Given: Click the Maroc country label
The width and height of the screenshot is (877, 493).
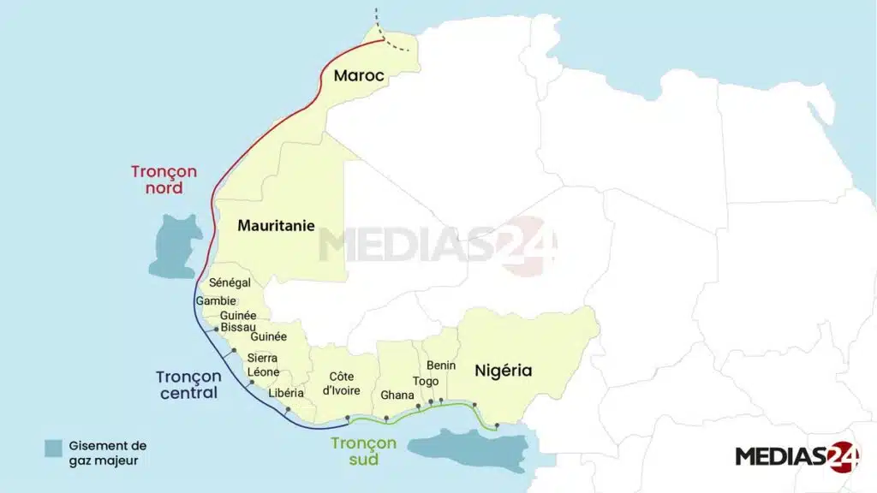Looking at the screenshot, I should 359,76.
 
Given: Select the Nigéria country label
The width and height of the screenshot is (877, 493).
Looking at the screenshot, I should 504,371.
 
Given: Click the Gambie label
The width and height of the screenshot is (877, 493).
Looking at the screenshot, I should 216,301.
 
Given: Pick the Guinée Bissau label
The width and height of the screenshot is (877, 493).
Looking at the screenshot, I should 238,321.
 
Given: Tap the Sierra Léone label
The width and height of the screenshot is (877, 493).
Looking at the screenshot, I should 263,365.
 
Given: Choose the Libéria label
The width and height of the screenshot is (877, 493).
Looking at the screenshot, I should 286,393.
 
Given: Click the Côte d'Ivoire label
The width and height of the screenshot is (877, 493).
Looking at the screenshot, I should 342,383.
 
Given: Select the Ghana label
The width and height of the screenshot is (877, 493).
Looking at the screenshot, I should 397,395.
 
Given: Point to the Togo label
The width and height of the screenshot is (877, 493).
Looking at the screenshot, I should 425,381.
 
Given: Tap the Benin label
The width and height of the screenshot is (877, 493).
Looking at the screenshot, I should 441,365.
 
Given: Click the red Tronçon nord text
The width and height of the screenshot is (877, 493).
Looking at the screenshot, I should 164,179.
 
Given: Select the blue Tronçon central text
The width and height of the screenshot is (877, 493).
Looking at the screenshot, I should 188,384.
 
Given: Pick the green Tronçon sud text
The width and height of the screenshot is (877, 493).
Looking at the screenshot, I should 363,450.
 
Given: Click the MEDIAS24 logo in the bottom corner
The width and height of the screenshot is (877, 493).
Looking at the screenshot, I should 796,456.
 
